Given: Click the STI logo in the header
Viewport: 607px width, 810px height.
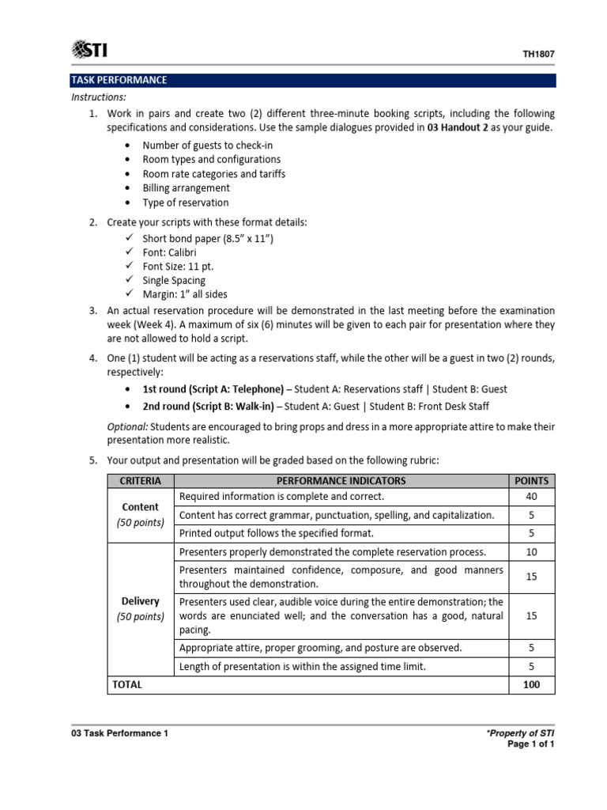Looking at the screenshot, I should (x=89, y=51).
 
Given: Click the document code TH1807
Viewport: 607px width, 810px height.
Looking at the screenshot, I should (x=538, y=55).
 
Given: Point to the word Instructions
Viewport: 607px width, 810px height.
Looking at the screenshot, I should (x=99, y=97).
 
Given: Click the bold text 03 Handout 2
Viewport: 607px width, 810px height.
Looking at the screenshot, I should (x=457, y=127).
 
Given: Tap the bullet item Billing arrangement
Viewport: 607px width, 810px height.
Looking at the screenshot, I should (x=186, y=188).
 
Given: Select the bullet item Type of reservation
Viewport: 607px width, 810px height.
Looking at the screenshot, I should (x=185, y=202).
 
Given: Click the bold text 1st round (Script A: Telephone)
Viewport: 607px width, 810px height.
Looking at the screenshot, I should (x=212, y=389).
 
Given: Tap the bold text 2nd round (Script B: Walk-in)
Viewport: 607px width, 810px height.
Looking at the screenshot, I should (x=209, y=407).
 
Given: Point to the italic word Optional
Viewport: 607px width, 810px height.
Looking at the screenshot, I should (x=127, y=426).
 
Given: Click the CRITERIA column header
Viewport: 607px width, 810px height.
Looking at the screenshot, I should (x=140, y=480).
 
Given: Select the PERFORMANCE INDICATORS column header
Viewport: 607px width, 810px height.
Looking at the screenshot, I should (x=341, y=480).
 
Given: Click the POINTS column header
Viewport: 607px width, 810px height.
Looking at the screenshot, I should (x=531, y=480).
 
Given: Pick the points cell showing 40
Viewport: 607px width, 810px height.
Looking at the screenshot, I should (x=531, y=497).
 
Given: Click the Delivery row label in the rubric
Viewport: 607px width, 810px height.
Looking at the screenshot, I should (x=140, y=601).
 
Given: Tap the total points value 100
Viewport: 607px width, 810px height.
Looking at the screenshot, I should (x=531, y=685).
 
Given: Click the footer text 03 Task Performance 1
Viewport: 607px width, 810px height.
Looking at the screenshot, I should (x=119, y=733).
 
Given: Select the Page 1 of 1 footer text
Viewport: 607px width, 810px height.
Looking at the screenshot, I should (x=532, y=744).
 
